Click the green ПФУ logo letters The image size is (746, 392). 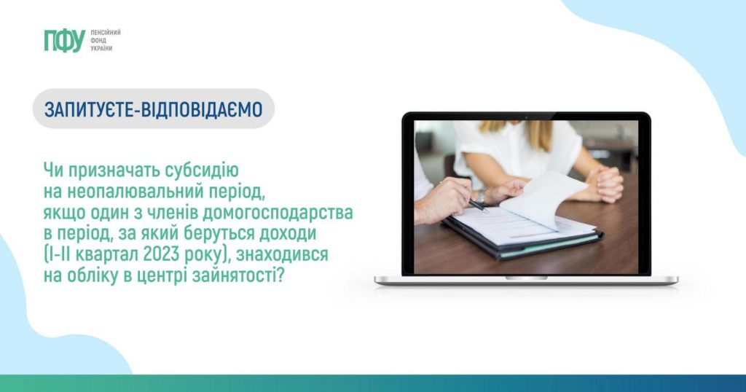pos(64,40)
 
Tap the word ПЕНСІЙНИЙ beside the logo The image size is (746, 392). pos(106,32)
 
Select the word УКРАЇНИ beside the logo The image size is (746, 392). pos(101,49)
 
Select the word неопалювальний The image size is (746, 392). pos(135,191)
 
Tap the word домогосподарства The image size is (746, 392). pos(278,212)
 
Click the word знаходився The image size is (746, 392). pos(282,254)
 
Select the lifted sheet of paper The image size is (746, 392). pos(542,198)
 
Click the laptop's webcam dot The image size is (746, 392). pos(526,117)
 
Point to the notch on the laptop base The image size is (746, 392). pos(526,278)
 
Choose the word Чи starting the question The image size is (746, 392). pos(53,170)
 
